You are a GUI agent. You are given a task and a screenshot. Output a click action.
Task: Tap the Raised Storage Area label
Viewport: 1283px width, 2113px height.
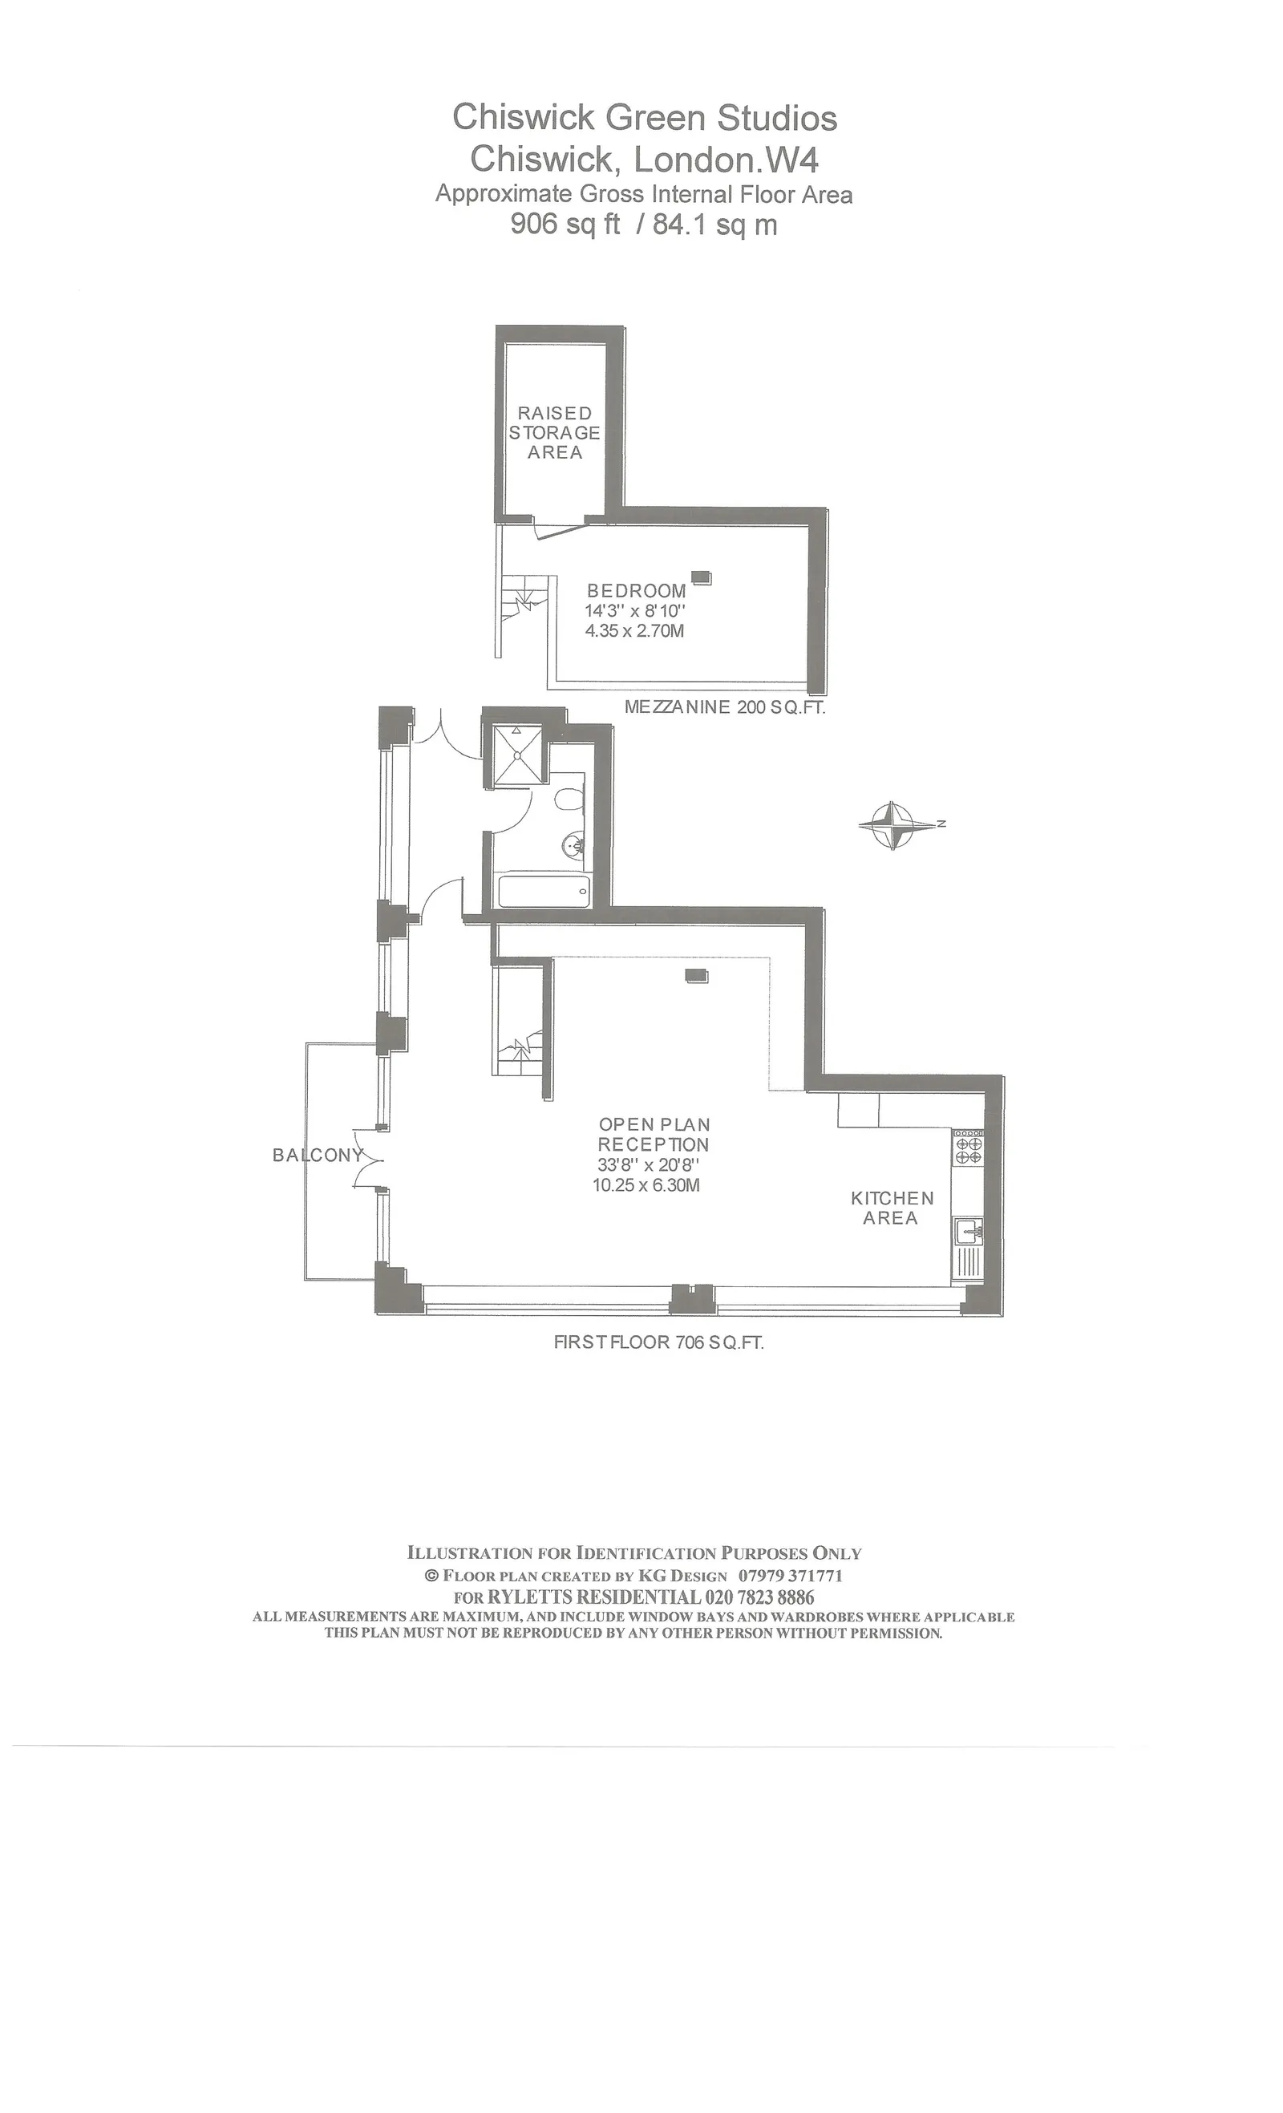pyautogui.click(x=554, y=433)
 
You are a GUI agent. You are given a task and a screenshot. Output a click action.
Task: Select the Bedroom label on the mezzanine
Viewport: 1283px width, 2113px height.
pyautogui.click(x=636, y=591)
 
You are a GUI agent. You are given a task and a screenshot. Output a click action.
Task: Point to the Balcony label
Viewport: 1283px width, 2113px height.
pyautogui.click(x=318, y=1155)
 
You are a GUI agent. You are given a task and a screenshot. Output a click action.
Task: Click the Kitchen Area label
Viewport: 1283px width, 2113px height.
pyautogui.click(x=892, y=1208)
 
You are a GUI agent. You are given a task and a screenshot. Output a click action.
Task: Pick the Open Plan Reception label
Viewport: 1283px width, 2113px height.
pyautogui.click(x=654, y=1134)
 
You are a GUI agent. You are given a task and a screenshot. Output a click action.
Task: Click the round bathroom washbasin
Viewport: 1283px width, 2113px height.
pyautogui.click(x=574, y=846)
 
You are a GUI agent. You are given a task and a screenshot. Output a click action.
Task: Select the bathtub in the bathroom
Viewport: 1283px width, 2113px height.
pyautogui.click(x=544, y=890)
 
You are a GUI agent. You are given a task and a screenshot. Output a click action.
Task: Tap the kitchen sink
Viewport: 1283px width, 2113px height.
pyautogui.click(x=969, y=1233)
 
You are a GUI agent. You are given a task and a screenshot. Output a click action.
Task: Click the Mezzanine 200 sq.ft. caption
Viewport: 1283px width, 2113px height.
pyautogui.click(x=725, y=707)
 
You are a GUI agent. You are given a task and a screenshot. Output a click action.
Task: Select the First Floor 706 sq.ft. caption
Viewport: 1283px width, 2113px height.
pyautogui.click(x=658, y=1342)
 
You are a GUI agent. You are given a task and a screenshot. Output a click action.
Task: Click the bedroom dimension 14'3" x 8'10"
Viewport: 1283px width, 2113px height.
pyautogui.click(x=636, y=610)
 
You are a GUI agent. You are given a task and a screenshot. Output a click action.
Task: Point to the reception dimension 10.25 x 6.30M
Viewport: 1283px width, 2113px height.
pyautogui.click(x=646, y=1185)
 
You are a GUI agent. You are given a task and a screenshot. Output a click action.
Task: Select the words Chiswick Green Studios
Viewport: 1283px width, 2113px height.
pyautogui.click(x=645, y=118)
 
